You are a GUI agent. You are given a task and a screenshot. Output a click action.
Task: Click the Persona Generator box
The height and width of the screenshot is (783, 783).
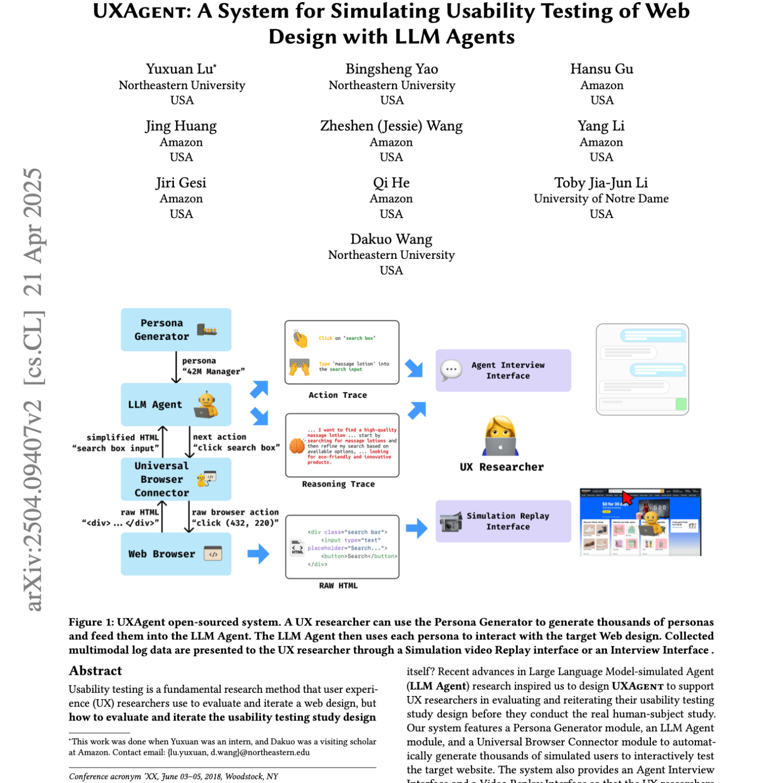coord(176,330)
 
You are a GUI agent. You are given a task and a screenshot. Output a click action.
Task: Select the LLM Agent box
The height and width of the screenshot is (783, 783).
coord(176,405)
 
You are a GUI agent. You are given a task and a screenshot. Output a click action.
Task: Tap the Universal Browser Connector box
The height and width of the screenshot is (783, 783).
coord(176,479)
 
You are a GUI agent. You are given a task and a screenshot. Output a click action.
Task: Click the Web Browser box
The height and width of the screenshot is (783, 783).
coord(176,554)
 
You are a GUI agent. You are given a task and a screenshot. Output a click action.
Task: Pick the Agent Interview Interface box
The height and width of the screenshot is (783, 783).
coord(503,370)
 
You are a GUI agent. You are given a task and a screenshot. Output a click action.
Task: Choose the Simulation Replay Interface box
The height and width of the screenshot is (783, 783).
coord(503,521)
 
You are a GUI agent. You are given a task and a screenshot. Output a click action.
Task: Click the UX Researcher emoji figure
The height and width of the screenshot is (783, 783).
coord(500,436)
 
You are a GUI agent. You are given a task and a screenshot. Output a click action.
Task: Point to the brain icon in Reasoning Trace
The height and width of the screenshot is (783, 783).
coord(297,446)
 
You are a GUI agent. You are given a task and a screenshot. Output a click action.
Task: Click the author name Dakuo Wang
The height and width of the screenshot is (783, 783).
coord(391,239)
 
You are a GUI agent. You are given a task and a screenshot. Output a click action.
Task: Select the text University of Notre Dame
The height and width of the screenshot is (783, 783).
coord(601,198)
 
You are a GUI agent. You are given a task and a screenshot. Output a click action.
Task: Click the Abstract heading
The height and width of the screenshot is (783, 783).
coord(95,670)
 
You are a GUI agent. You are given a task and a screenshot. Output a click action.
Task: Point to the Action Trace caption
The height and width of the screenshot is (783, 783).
coord(338,395)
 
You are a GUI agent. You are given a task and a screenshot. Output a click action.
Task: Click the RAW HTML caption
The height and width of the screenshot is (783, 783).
coord(338,586)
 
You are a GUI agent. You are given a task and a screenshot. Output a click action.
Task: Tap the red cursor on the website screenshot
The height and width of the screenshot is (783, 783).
coord(627,497)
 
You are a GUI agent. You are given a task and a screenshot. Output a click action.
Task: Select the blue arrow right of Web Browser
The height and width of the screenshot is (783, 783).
coord(258,554)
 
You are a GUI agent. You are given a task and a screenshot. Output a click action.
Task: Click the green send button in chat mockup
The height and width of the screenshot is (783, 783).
coord(680,404)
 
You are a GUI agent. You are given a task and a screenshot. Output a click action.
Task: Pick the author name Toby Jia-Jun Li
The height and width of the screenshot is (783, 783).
coord(601,183)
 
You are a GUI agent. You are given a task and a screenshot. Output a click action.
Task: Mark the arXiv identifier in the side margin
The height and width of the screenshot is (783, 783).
coord(34,506)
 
